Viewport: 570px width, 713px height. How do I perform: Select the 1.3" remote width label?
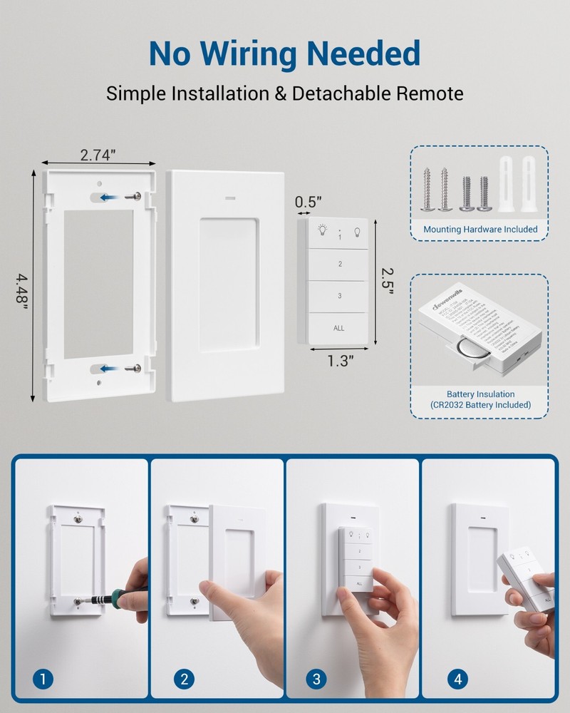coord(341,361)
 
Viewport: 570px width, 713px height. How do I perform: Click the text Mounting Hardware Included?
coord(480,230)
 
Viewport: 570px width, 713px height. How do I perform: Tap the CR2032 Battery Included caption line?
coord(480,405)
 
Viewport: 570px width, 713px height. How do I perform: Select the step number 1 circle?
coord(44,679)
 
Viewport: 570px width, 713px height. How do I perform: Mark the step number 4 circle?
coord(457,679)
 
